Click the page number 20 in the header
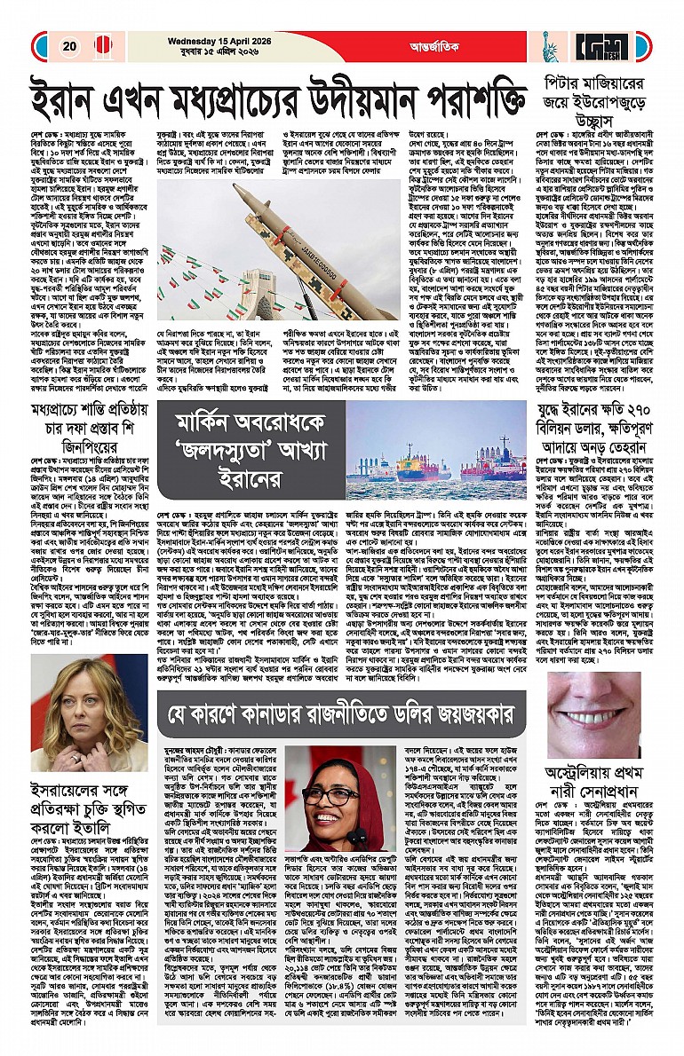[x=67, y=46]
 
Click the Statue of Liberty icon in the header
[x=548, y=43]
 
